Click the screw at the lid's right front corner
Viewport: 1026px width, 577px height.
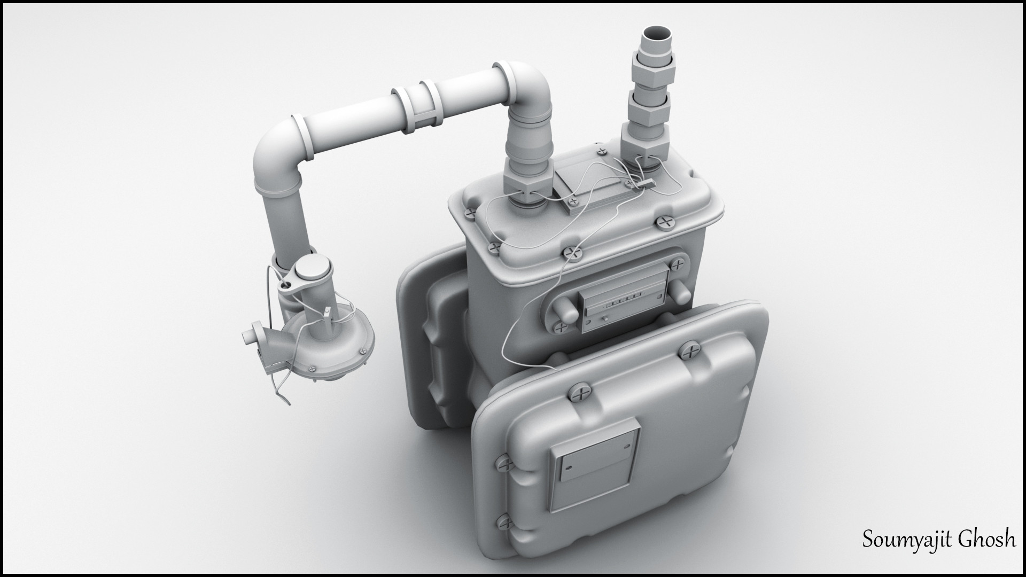(665, 221)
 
